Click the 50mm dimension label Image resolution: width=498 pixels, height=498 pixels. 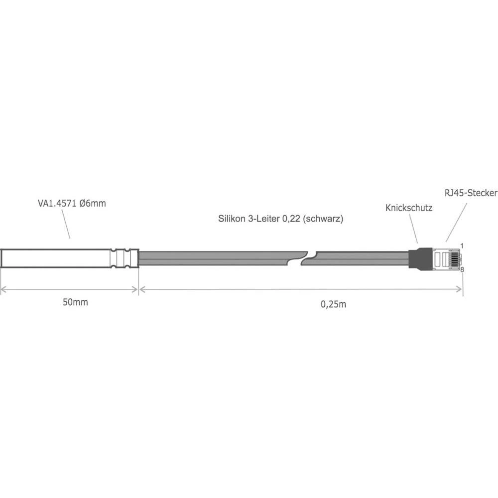click(76, 303)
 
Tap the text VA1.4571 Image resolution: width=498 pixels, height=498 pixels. click(57, 203)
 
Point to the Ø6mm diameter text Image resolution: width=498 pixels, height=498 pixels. click(93, 203)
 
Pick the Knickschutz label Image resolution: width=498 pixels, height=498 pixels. click(408, 208)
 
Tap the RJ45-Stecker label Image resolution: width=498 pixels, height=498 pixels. click(470, 193)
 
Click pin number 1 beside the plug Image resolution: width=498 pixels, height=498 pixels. click(462, 246)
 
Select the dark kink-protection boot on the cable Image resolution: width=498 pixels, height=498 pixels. click(419, 258)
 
